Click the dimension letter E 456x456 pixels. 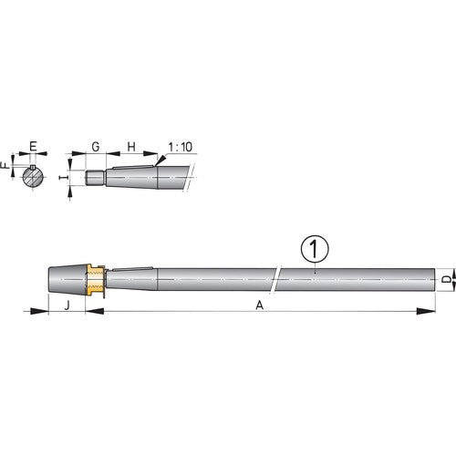point(33,147)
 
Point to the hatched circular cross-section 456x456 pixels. point(34,179)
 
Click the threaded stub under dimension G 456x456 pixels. point(95,179)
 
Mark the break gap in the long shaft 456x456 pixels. point(279,277)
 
